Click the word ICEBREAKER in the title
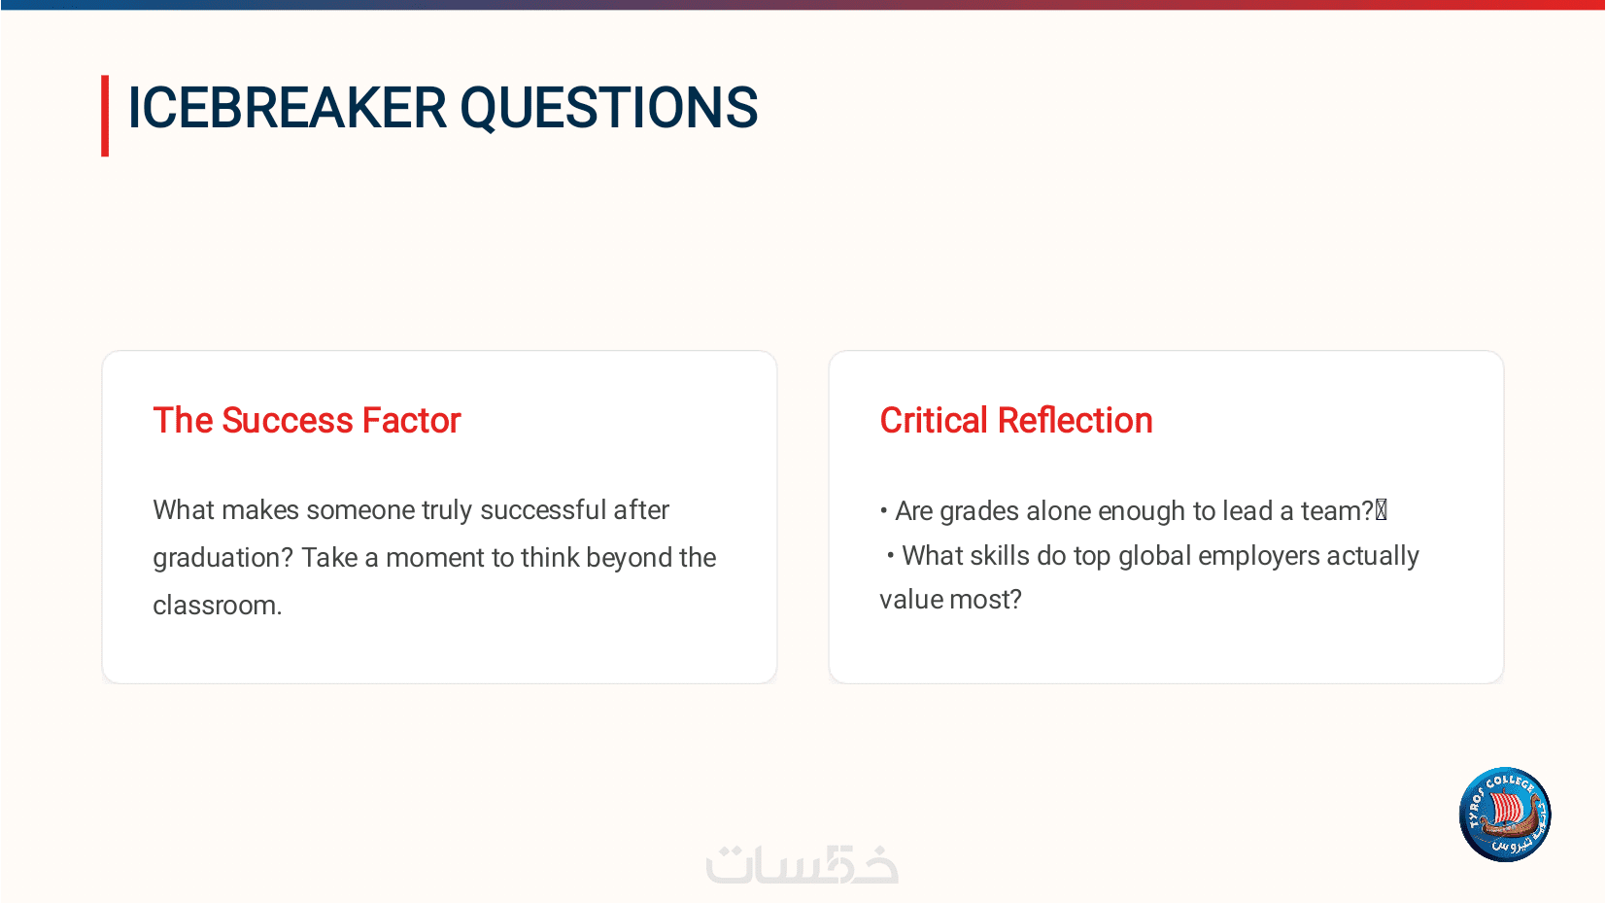click(288, 108)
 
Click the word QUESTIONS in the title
click(609, 109)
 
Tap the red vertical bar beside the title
click(105, 116)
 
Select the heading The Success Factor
click(307, 420)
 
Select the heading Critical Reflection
click(1016, 420)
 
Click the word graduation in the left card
click(222, 558)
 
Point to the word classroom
click(218, 606)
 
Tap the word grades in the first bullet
click(979, 512)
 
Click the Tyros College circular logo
click(1505, 815)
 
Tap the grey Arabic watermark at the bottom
click(802, 864)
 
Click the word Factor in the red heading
click(412, 420)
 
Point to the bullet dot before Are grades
click(884, 511)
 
